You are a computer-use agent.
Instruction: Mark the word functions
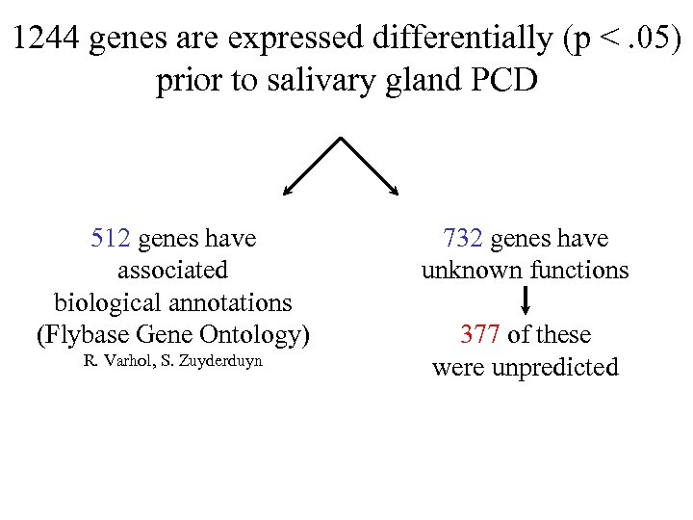click(x=577, y=271)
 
